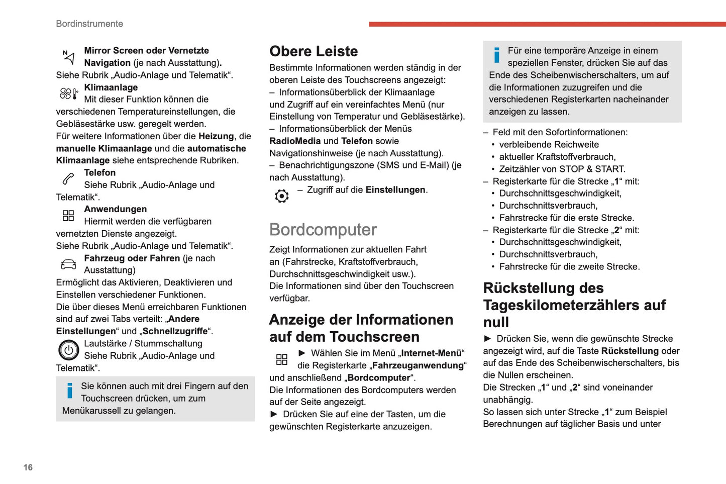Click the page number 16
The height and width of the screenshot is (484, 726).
pos(28,467)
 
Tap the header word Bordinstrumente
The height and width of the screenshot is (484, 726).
pos(89,24)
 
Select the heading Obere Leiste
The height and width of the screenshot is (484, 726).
pos(314,51)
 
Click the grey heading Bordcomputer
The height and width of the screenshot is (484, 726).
pos(323,230)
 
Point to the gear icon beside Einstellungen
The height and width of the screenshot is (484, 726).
pos(282,196)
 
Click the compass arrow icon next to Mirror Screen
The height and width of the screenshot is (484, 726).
pos(68,57)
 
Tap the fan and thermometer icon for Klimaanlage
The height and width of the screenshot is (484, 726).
pos(69,93)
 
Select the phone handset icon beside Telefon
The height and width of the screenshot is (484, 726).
pos(68,178)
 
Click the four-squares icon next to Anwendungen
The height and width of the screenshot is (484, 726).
pos(68,216)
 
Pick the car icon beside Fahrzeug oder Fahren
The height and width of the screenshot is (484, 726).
pos(68,264)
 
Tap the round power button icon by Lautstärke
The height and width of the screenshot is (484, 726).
pos(69,350)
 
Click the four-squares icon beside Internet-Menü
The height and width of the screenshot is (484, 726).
pos(282,359)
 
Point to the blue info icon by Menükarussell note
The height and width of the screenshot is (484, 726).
pos(70,391)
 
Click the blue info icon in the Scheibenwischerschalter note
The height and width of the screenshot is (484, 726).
pos(497,55)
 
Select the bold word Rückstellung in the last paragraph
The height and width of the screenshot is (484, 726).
pos(630,351)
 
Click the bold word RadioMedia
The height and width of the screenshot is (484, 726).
pos(295,141)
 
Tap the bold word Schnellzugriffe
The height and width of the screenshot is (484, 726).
pos(175,331)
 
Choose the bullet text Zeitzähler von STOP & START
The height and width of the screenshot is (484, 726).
pos(562,169)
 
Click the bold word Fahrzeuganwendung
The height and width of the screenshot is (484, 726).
pos(418,365)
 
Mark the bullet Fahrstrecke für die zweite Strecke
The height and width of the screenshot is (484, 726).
pos(569,266)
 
